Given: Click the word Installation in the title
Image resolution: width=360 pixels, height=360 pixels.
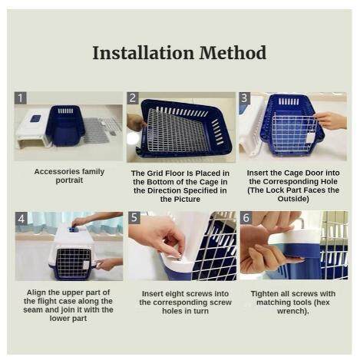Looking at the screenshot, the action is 143,53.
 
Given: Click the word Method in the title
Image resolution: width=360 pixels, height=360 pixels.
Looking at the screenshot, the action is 233,53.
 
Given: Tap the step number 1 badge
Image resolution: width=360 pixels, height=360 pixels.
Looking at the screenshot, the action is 21,98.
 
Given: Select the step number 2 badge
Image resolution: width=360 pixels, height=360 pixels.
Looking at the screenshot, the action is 133,98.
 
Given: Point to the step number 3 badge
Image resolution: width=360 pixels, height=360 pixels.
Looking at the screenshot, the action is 244,97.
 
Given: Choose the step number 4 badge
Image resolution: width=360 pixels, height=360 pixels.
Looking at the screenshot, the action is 21,219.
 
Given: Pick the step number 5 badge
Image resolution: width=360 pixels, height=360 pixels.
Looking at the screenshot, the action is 134,218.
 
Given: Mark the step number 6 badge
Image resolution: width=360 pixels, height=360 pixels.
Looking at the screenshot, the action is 246,217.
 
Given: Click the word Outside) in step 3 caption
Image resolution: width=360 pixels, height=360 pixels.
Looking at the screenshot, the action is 293,199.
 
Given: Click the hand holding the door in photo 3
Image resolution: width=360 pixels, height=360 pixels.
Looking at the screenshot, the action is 331,120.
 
